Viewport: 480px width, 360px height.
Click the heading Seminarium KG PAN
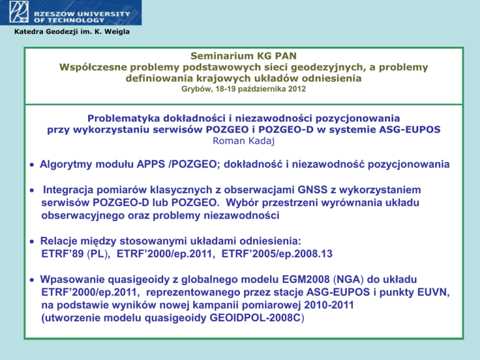click(x=243, y=56)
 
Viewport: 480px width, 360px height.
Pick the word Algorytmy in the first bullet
click(x=66, y=165)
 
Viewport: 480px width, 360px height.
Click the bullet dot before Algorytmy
click(x=32, y=165)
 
